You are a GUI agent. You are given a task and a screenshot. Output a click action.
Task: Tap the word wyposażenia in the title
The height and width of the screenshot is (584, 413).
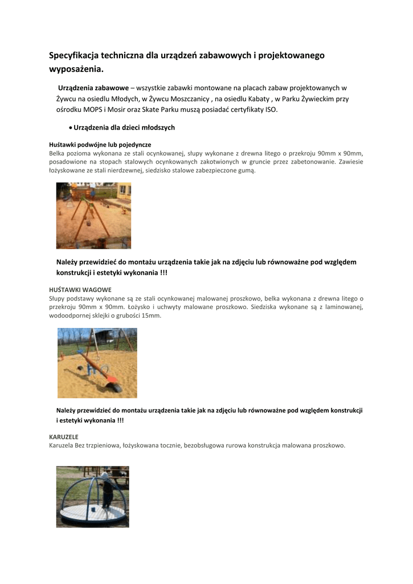click(x=77, y=70)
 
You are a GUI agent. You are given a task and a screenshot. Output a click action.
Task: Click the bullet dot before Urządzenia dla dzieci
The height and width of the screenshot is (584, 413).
click(x=69, y=128)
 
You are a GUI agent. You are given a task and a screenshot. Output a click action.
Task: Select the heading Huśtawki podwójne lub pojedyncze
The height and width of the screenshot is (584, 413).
click(x=100, y=145)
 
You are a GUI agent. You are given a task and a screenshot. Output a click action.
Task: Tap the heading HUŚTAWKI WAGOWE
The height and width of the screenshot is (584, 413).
click(x=80, y=290)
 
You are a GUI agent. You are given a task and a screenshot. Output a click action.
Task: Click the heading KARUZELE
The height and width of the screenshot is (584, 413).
click(x=64, y=437)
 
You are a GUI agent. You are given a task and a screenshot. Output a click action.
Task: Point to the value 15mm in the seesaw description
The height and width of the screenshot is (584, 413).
click(x=151, y=315)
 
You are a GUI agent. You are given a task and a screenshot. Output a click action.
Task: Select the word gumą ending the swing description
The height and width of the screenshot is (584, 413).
click(x=247, y=171)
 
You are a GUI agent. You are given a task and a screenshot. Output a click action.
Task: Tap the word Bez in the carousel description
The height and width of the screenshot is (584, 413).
click(x=83, y=445)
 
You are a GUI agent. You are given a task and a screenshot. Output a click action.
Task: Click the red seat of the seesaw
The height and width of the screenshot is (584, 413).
click(x=112, y=378)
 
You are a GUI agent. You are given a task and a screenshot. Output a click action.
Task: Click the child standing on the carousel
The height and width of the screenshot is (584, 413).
click(x=105, y=490)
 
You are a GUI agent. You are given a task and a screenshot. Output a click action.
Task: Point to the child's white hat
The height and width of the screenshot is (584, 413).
click(x=105, y=475)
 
